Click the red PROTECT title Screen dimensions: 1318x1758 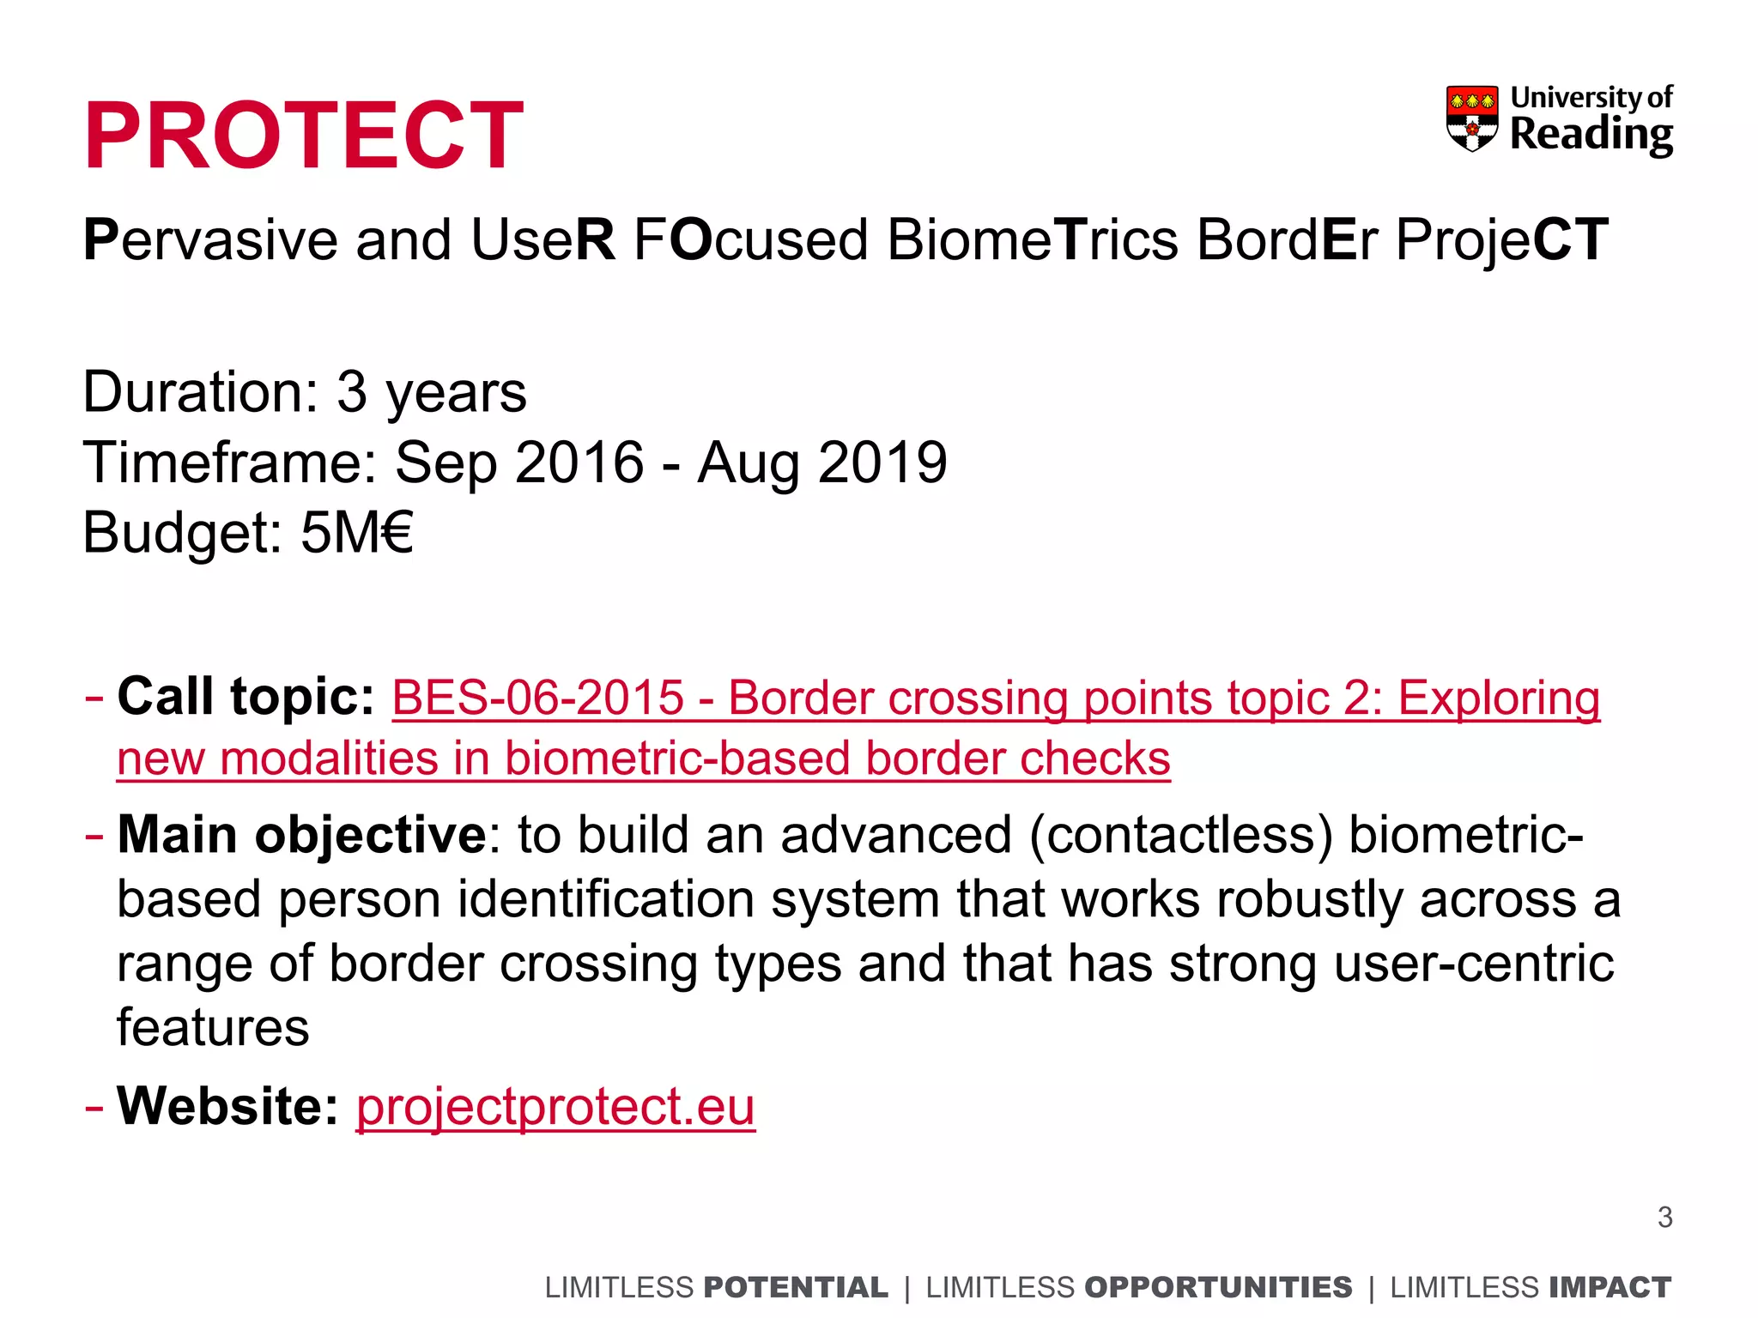click(x=304, y=136)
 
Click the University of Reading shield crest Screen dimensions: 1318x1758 click(x=1472, y=118)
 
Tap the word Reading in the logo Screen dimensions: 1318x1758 click(x=1591, y=136)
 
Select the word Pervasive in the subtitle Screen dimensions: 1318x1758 click(x=210, y=240)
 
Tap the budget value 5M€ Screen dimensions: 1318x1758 click(x=357, y=533)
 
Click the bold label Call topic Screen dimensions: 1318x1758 click(x=246, y=696)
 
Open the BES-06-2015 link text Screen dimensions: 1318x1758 click(x=537, y=698)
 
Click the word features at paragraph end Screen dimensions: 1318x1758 click(x=213, y=1027)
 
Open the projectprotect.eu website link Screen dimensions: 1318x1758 click(x=555, y=1106)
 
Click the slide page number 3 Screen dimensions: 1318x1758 click(x=1664, y=1218)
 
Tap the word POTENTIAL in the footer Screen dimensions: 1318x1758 click(x=795, y=1288)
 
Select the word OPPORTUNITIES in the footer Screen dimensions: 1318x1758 click(x=1218, y=1288)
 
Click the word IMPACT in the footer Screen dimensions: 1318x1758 click(x=1609, y=1288)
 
